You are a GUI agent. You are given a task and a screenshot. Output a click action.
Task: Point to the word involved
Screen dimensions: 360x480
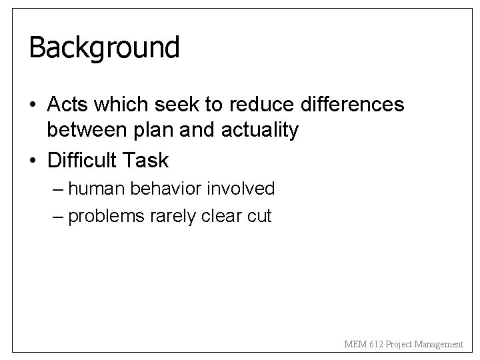tap(241, 189)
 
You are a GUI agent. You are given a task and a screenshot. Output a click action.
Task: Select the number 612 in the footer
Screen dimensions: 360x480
tap(377, 344)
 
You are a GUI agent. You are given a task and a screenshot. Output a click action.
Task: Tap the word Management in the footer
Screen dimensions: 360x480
tap(438, 344)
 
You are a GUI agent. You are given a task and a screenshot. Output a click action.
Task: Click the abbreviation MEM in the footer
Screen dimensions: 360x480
tap(355, 344)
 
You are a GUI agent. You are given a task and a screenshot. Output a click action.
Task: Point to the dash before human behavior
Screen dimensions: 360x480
tap(57, 189)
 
